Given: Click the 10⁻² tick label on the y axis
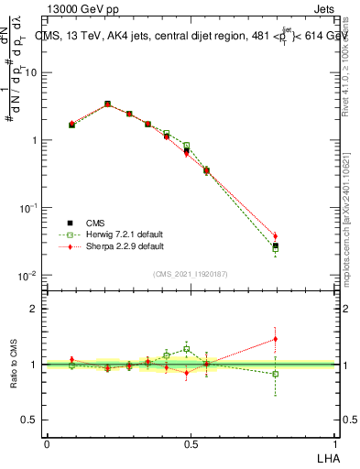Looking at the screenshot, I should [x=29, y=276].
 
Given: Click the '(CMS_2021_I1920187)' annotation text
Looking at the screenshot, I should [x=190, y=273].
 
